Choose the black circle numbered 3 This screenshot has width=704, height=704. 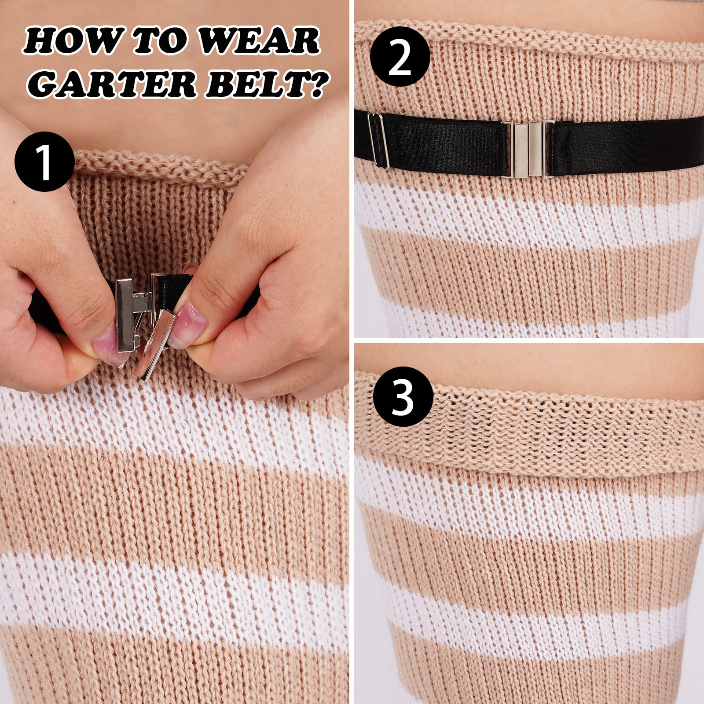click(403, 399)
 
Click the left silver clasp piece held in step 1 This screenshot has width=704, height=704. click(125, 315)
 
